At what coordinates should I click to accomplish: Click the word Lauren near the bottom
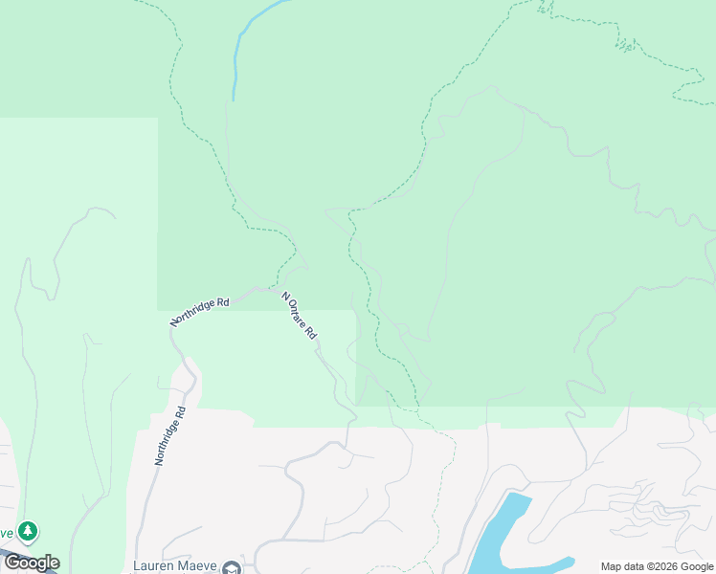157,566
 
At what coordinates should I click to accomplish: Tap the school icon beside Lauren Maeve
231,567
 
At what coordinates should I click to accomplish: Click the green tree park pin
28,530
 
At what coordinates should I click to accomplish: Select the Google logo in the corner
31,563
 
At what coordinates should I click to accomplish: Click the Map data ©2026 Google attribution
657,566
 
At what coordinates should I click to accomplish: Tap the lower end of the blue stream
233,99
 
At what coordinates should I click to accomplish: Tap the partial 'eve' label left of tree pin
7,533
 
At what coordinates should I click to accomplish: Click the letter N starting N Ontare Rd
284,297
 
